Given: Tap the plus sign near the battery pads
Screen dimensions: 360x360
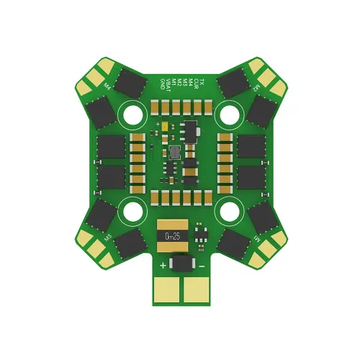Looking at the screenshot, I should click(163, 266).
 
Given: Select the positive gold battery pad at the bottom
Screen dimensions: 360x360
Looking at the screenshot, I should click(169, 290).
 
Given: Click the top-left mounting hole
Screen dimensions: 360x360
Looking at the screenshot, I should click(133, 114).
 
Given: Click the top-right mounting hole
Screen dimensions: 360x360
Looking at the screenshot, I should click(230, 114).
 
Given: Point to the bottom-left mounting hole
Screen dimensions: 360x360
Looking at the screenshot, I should click(133, 210).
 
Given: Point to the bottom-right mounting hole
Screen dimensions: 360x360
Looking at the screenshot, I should click(230, 210).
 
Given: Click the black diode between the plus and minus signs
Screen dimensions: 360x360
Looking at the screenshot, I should click(183, 266).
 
